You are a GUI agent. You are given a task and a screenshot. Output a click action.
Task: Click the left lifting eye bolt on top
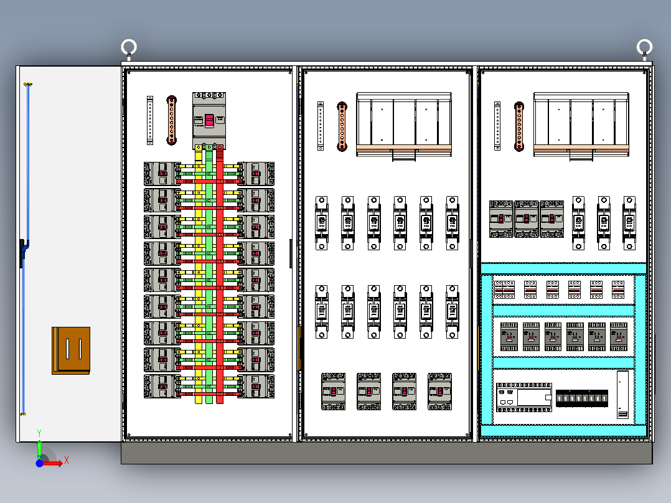[129, 47]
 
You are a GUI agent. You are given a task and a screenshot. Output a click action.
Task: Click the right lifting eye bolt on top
[644, 47]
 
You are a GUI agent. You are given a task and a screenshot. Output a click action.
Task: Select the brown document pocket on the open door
[71, 350]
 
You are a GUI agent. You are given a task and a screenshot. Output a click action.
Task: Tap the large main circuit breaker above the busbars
[209, 120]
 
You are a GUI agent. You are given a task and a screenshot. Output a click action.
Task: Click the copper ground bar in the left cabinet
[172, 120]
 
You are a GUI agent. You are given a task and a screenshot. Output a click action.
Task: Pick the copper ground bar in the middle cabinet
[342, 126]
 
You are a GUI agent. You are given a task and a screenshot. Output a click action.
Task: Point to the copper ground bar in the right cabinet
[518, 126]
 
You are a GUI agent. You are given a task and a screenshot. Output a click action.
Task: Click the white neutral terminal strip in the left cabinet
[150, 120]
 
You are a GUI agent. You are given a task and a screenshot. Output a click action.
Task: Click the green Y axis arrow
[39, 447]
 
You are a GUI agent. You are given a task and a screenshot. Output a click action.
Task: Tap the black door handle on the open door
[23, 252]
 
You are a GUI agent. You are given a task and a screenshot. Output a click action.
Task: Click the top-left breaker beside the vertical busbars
[162, 174]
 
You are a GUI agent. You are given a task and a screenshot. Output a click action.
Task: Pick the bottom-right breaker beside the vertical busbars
[256, 386]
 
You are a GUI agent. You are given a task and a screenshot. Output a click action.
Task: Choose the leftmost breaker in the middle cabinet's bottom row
[334, 391]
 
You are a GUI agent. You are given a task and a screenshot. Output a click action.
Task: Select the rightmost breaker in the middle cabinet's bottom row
[439, 391]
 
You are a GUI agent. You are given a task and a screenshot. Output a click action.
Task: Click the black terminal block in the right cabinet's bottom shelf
[582, 398]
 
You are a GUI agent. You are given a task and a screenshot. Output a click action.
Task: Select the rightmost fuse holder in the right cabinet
[629, 223]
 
